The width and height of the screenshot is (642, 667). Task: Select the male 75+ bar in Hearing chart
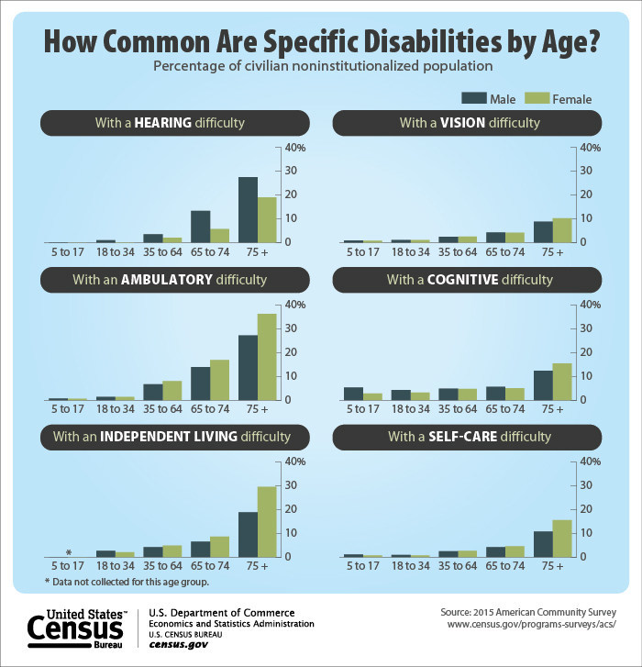[x=248, y=209]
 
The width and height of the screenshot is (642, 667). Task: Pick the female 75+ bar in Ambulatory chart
[x=267, y=357]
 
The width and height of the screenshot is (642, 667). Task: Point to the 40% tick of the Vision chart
[x=591, y=148]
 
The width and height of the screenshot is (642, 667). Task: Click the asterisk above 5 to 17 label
[x=69, y=552]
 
